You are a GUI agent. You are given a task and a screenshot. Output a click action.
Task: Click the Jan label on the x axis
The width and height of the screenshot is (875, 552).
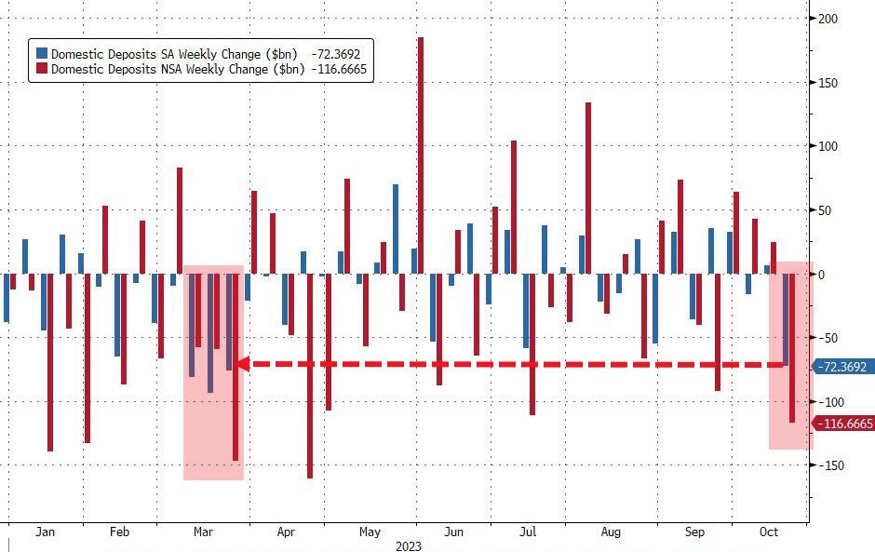point(45,532)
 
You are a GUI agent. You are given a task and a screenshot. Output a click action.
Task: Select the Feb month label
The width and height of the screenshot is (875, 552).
point(119,532)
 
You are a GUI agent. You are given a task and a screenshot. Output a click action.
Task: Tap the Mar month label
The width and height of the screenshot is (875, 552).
point(203,532)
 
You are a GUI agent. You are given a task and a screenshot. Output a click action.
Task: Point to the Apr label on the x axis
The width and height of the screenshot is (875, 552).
point(286,532)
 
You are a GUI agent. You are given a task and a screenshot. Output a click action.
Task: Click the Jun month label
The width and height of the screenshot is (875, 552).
point(453,532)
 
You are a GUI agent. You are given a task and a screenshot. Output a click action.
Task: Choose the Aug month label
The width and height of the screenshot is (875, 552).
point(611,532)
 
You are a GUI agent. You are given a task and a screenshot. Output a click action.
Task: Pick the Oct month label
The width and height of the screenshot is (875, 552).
point(769,532)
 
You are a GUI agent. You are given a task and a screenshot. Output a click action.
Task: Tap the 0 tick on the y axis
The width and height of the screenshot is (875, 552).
point(821,274)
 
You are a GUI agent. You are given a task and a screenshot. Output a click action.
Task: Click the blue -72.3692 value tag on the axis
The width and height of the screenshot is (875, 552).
point(843,367)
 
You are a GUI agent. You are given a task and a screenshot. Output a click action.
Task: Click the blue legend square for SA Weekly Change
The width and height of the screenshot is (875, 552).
point(42,54)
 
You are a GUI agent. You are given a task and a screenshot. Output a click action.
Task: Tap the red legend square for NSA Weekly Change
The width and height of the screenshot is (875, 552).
point(42,69)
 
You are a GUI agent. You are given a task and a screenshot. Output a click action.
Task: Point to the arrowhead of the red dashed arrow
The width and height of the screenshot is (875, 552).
point(239,364)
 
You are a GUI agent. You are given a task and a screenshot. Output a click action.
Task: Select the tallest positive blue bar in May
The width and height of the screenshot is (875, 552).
point(396,229)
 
